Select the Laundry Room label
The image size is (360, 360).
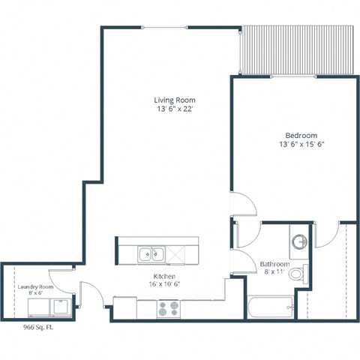35,286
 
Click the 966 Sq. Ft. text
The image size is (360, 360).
38,327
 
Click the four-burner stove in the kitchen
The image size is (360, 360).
168,307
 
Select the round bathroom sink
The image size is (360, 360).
299,242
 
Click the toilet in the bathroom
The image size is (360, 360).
298,274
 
